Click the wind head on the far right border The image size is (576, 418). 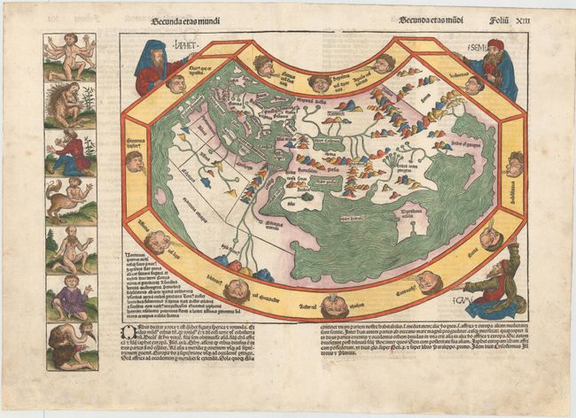tap(517, 165)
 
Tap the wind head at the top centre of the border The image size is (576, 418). tap(321, 82)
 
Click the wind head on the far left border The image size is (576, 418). tap(135, 161)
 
